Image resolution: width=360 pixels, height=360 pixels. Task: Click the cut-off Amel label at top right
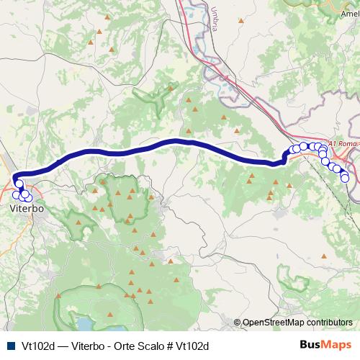pyautogui.click(x=350, y=12)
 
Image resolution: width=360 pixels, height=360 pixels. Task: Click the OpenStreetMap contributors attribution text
pyautogui.click(x=297, y=323)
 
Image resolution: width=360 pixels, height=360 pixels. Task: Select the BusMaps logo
pyautogui.click(x=325, y=346)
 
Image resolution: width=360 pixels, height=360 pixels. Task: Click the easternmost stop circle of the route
pyautogui.click(x=345, y=178)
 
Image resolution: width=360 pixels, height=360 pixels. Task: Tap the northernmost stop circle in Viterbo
pyautogui.click(x=19, y=184)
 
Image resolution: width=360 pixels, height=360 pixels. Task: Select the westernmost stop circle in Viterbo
pyautogui.click(x=15, y=194)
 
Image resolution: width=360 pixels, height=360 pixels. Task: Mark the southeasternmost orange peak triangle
pyautogui.click(x=325, y=256)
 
